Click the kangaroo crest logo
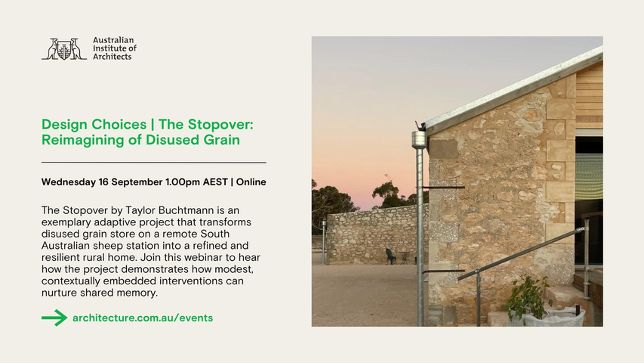[64, 49]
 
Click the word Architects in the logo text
[112, 57]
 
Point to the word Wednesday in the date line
[69, 182]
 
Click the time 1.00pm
[183, 182]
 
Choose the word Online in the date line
[251, 182]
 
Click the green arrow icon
[54, 318]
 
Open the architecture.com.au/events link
[143, 318]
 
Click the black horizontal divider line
[153, 163]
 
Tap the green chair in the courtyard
[390, 256]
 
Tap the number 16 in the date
[103, 182]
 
